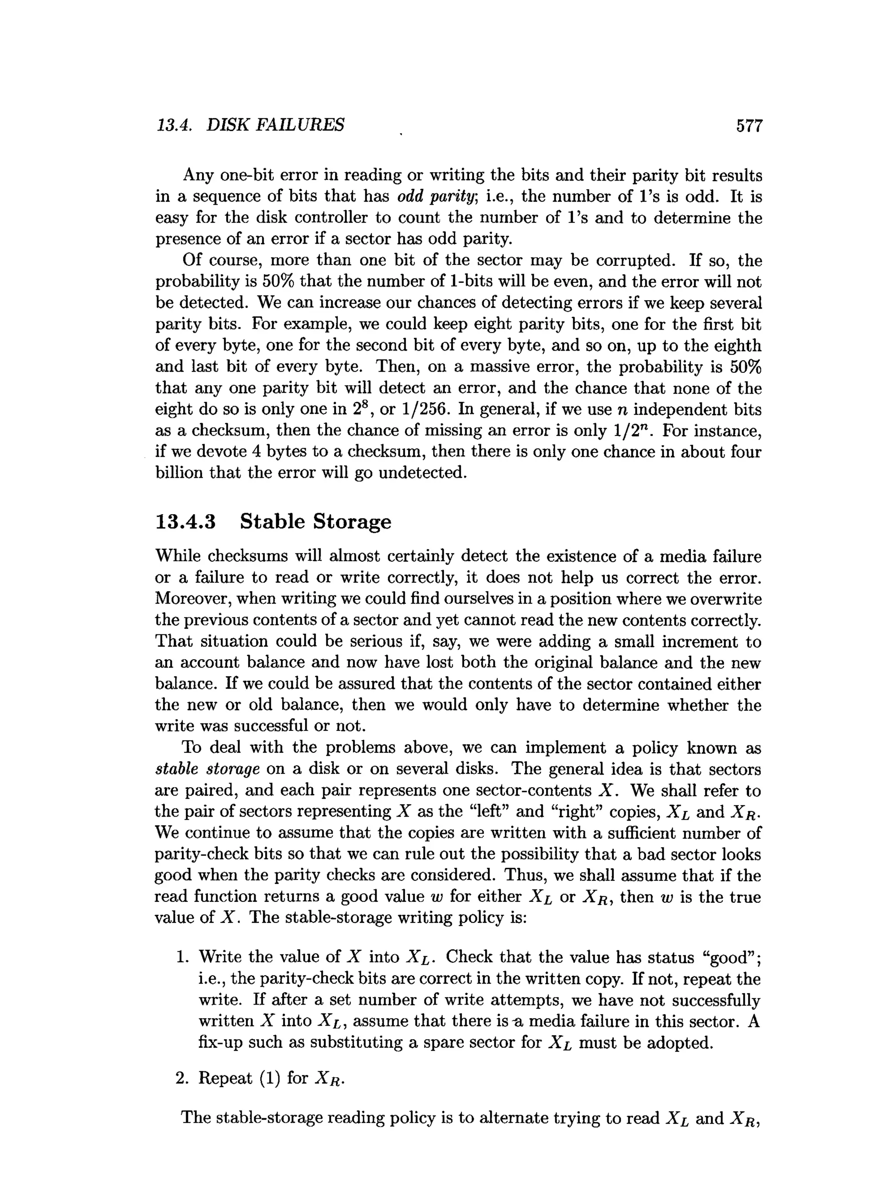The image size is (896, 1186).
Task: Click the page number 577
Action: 749,126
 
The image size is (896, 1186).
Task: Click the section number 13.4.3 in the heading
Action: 185,522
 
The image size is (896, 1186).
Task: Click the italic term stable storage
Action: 207,769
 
